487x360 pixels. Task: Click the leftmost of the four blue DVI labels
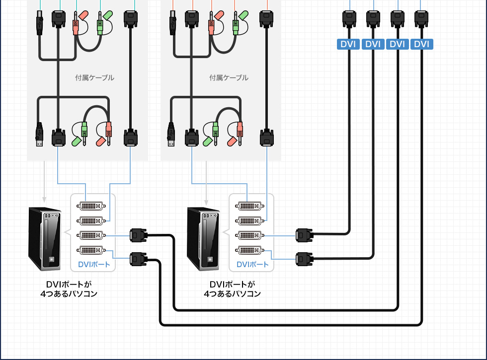(x=348, y=44)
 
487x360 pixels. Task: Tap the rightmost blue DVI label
(x=421, y=44)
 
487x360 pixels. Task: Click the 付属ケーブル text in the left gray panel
(x=94, y=78)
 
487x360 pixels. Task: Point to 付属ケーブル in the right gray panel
(x=229, y=78)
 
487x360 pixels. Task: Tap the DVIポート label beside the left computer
(x=94, y=264)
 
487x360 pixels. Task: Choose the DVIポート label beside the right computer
(x=252, y=264)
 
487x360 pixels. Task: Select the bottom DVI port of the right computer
(x=250, y=250)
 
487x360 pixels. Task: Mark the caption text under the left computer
(x=69, y=289)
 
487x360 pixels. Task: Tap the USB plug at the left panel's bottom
(x=39, y=135)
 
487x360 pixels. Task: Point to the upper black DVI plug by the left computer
(x=138, y=235)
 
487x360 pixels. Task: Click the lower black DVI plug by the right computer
(x=304, y=259)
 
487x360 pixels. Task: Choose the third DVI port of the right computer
(x=250, y=235)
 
